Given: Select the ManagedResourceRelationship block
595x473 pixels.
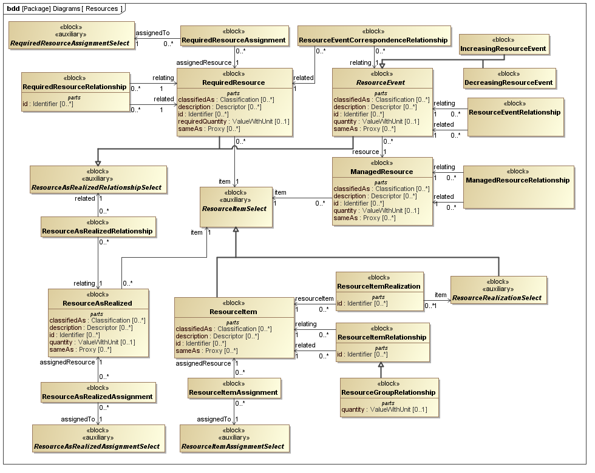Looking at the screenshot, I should click(518, 180).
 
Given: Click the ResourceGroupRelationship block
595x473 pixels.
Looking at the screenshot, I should click(389, 392).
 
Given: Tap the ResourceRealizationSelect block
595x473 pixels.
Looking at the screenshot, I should click(497, 298).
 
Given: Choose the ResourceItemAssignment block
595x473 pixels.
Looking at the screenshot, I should click(234, 392).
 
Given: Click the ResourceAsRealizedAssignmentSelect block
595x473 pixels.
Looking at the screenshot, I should click(98, 446).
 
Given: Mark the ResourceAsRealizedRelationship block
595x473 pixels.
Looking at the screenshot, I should click(98, 231).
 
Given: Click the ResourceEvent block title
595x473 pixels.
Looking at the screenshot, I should click(382, 82).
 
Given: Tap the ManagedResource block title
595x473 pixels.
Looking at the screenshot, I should click(382, 172).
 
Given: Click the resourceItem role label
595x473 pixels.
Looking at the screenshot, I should click(314, 298).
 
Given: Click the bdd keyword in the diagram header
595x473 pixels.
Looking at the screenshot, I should click(12, 8).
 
